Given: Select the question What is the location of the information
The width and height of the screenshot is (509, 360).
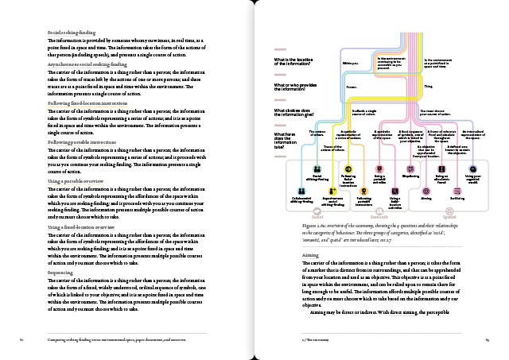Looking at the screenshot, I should (293, 62).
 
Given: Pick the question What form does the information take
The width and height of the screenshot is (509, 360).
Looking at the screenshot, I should (289, 140).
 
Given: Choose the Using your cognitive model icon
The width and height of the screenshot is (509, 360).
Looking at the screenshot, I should (473, 168).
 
